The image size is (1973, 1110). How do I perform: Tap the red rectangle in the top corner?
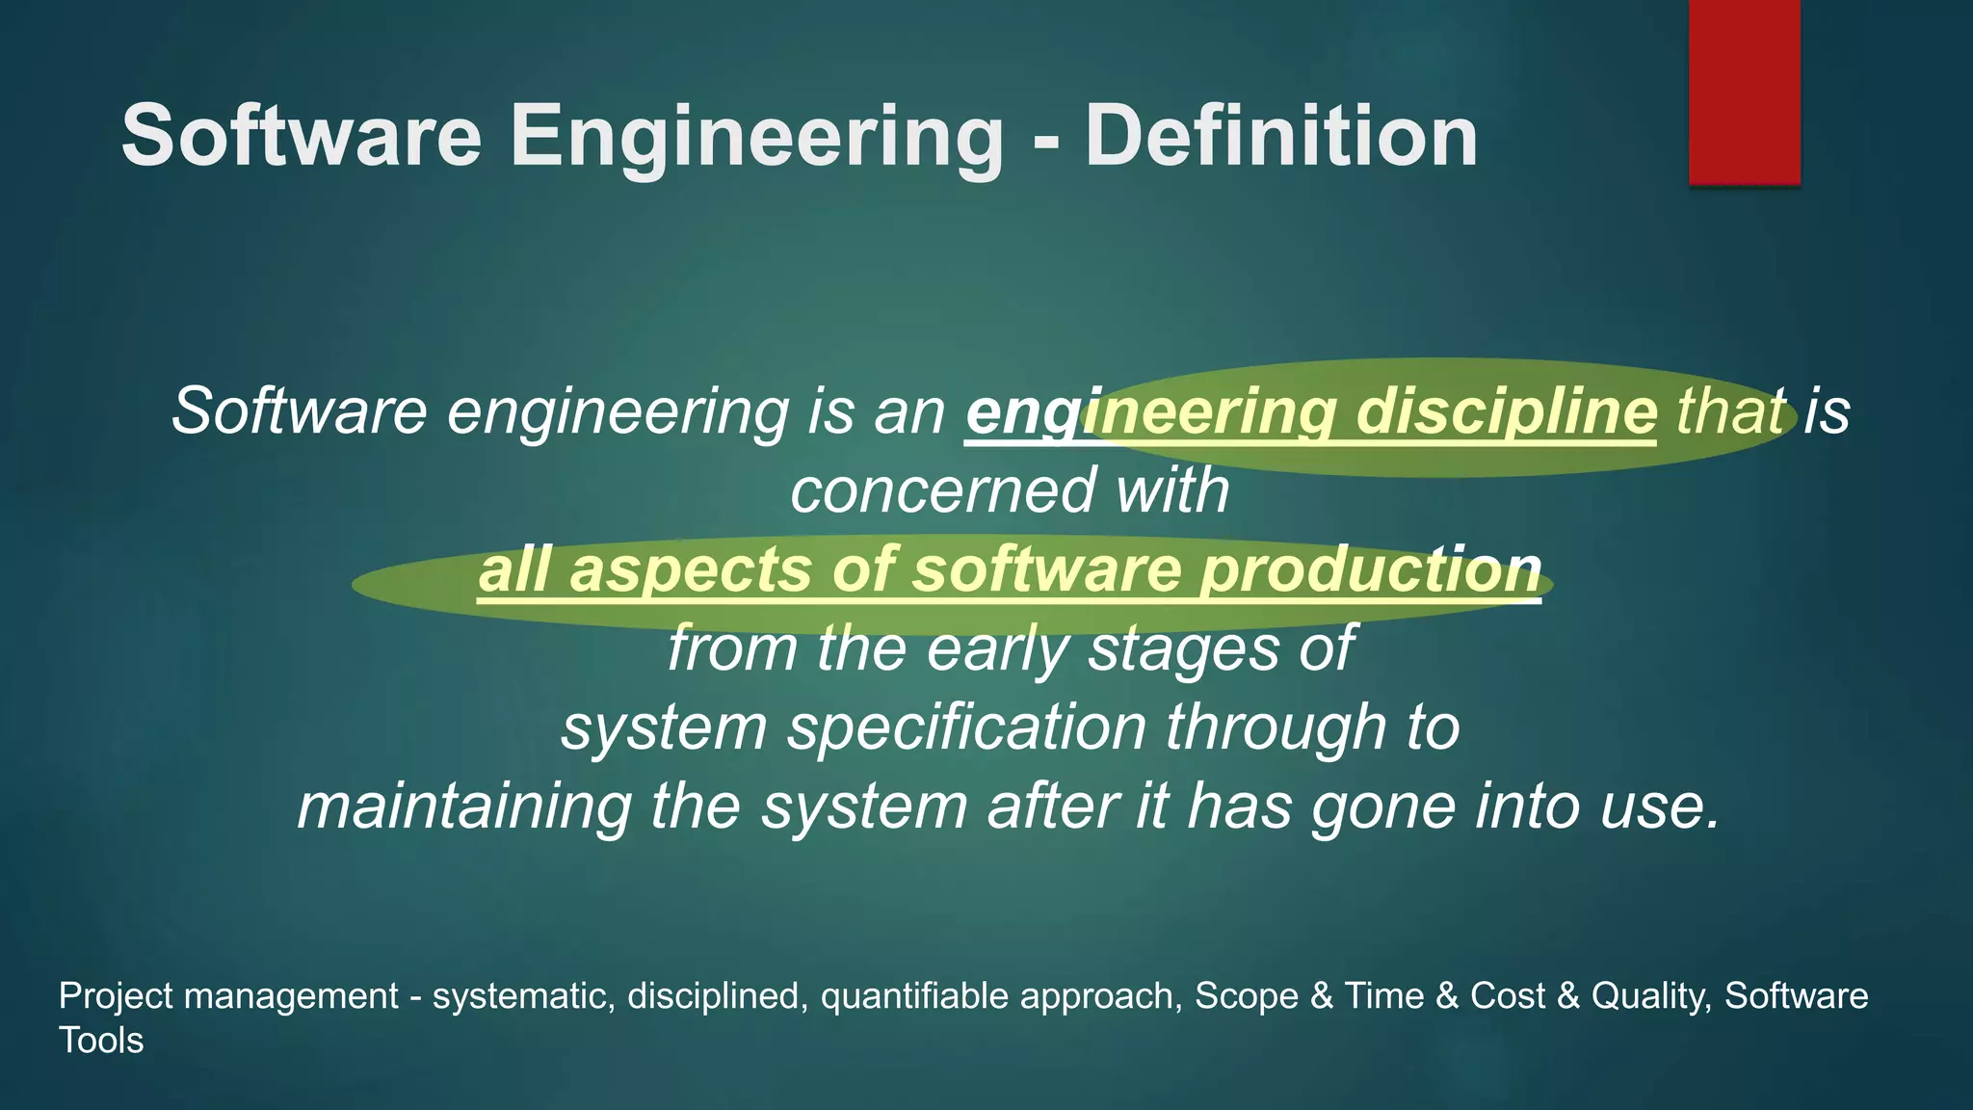1744,92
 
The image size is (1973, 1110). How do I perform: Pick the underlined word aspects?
690,569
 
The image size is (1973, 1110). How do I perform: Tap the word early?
997,648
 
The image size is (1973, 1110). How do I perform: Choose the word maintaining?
464,806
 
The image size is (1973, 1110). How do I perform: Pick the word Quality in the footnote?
1650,996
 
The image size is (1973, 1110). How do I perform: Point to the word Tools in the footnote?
101,1041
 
